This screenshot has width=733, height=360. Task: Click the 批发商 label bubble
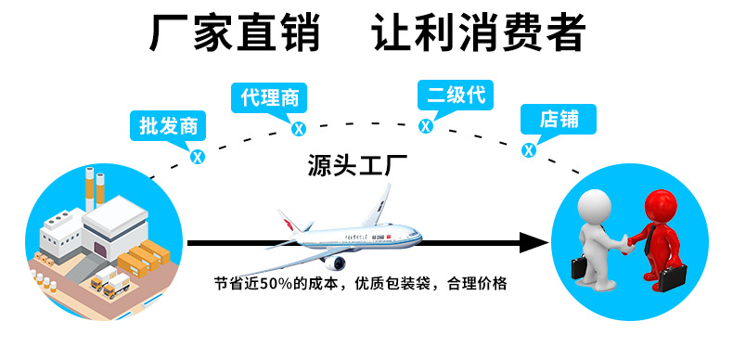168,125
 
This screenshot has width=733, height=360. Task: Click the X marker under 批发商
197,156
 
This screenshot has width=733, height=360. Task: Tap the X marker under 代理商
298,129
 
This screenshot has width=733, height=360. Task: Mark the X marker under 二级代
426,126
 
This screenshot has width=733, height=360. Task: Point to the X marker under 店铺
529,149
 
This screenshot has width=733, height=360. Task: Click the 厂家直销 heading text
235,33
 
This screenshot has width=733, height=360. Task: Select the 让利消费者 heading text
479,33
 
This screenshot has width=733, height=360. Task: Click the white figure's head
594,205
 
